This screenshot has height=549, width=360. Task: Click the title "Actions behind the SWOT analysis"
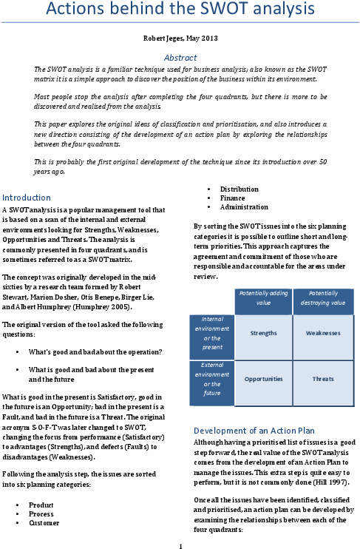(180, 8)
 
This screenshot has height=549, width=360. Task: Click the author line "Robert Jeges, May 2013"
(180, 38)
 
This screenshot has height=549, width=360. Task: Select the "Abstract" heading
(180, 58)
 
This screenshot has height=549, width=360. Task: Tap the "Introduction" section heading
(26, 198)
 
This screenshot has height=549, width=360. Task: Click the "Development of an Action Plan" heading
(254, 431)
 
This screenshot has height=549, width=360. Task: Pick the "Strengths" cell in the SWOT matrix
(263, 333)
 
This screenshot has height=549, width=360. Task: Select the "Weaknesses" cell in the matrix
(323, 333)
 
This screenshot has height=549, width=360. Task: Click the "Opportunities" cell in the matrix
(263, 379)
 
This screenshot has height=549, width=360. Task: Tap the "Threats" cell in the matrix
(323, 379)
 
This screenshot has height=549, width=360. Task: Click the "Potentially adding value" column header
(263, 298)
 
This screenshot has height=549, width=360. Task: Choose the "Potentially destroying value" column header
(323, 298)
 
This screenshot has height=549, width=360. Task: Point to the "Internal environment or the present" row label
(212, 333)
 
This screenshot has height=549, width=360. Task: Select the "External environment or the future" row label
(212, 379)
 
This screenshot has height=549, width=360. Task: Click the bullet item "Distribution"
(240, 189)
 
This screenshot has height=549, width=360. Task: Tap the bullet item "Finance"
(232, 198)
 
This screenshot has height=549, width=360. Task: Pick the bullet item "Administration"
(244, 207)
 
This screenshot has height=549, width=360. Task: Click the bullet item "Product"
(41, 505)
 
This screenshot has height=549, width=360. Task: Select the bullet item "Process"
(41, 514)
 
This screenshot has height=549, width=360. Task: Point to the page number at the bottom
(180, 546)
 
